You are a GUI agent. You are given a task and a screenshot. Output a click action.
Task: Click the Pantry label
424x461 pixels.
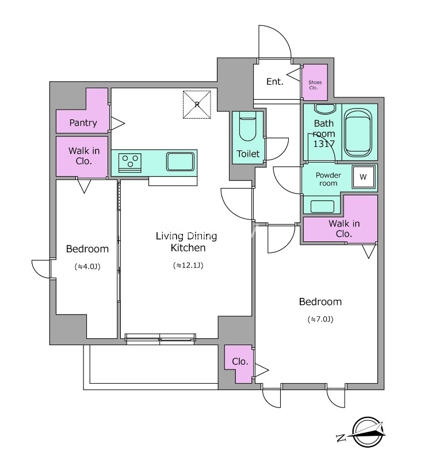pos(83,123)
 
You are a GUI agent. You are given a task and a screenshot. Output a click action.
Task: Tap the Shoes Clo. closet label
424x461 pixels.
pos(315,85)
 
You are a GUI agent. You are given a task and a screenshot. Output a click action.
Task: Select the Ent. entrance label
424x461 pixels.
pos(274,81)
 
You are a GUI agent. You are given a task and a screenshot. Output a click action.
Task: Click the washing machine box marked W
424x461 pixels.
pos(363,177)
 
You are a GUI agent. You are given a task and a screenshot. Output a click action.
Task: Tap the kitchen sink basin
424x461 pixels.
pos(180,161)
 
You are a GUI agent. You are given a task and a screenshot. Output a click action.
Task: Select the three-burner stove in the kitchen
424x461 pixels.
pos(130,163)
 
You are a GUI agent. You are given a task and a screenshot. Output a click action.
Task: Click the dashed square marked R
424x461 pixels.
pos(197,104)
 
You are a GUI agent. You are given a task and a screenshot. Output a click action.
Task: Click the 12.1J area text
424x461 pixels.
pos(188,266)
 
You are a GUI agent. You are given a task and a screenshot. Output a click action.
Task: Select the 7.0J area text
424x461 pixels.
pos(320,319)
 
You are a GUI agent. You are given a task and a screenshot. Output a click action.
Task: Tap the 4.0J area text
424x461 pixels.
pos(87,267)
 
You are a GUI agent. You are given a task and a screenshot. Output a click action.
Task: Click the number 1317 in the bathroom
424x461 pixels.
pos(324,143)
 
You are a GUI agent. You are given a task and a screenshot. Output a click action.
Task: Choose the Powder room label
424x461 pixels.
pos(328,179)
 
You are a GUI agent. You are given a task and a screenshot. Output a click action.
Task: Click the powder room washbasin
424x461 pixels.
pos(322,206)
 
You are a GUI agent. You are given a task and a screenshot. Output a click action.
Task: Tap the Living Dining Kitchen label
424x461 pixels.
pos(186,241)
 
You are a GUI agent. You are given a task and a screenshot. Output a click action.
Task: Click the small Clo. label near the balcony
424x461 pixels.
pos(240,361)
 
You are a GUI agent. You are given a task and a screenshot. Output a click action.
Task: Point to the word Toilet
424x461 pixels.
pos(248,154)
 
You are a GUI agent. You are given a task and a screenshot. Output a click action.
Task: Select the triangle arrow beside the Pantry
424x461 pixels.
pos(117,123)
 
